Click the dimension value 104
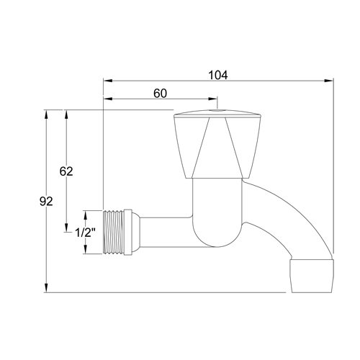tap(217, 73)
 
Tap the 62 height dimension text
tap(66, 171)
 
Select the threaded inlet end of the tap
tap(114, 231)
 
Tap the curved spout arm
tap(288, 216)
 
